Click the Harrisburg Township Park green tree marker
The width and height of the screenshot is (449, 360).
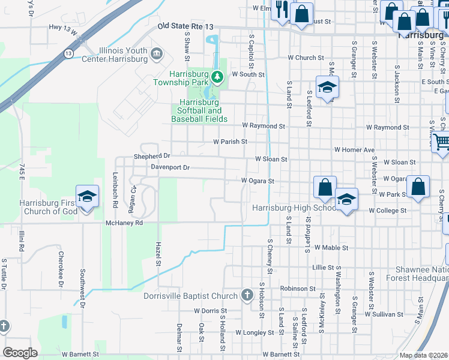(218, 76)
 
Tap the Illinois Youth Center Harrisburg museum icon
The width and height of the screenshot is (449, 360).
(157, 55)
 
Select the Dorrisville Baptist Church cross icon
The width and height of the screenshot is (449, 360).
(246, 295)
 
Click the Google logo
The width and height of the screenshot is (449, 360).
(20, 352)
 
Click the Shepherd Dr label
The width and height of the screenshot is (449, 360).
(152, 155)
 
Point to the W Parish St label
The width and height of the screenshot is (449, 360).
(231, 142)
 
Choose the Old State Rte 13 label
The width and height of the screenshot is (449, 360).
(185, 26)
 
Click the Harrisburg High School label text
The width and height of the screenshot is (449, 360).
(294, 208)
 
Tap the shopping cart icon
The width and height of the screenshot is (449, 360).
(442, 142)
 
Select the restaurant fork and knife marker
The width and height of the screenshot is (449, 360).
(280, 10)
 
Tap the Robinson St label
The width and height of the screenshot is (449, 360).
(293, 289)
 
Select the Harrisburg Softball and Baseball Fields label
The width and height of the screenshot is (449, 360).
(199, 111)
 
